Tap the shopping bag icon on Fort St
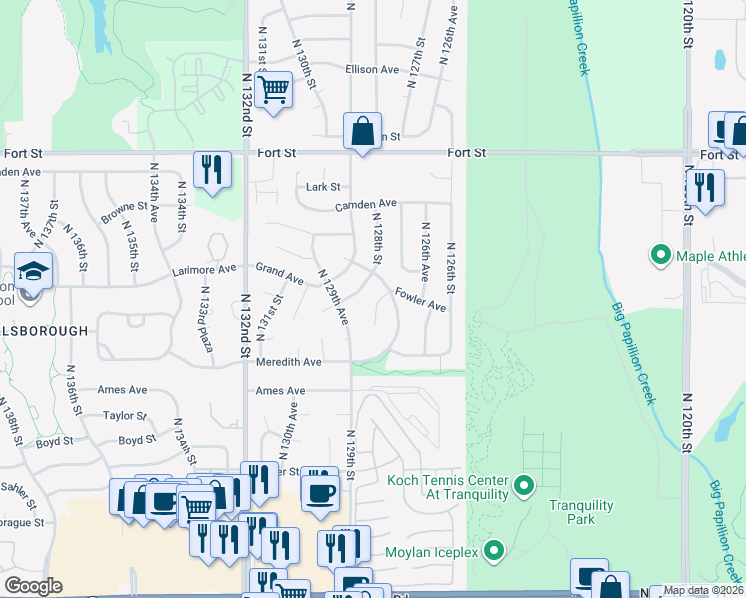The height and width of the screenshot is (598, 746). [x=362, y=131]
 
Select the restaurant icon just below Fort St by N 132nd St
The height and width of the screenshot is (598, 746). [x=212, y=170]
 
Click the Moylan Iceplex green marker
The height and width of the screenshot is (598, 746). [x=493, y=550]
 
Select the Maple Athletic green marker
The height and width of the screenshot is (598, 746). [x=659, y=256]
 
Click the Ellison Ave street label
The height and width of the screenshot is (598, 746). [x=372, y=70]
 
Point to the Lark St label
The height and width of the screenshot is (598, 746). [x=323, y=187]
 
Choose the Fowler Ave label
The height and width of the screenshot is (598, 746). [x=420, y=299]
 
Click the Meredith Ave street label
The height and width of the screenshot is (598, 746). [x=289, y=362]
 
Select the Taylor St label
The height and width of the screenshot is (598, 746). [x=125, y=416]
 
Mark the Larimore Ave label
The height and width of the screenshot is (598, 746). [x=206, y=268]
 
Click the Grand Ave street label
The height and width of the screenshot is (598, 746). [x=279, y=272]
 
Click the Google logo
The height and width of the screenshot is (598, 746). [x=33, y=586]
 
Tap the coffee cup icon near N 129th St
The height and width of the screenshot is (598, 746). [x=319, y=492]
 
